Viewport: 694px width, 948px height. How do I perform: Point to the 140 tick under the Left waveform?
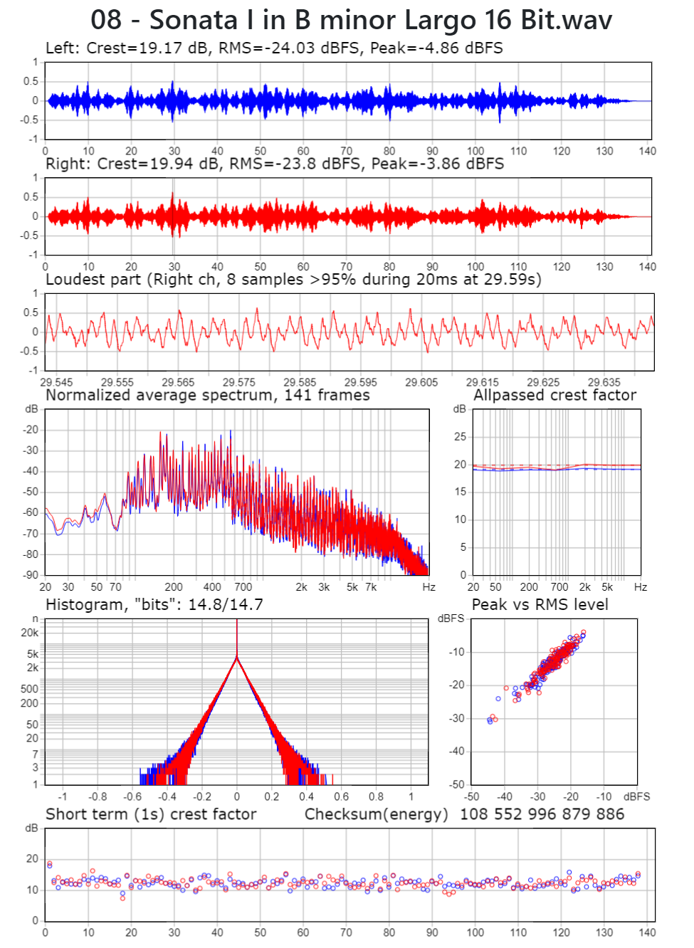point(647,151)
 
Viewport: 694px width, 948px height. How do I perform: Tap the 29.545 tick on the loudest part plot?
point(56,382)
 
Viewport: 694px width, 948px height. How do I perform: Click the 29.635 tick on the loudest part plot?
point(604,382)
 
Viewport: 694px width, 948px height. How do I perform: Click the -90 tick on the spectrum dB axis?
point(31,574)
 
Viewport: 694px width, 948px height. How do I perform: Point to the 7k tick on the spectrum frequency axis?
point(371,587)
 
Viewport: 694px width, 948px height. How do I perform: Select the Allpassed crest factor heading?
point(555,395)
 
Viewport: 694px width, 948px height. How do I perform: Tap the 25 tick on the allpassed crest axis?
point(460,436)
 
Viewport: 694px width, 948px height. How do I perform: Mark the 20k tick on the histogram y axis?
point(30,633)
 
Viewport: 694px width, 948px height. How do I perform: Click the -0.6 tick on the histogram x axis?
point(132,796)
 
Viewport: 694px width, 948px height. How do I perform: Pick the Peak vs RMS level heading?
point(540,605)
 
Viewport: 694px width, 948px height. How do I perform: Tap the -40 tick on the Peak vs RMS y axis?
point(456,751)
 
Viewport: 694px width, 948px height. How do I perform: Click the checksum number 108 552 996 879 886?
point(542,814)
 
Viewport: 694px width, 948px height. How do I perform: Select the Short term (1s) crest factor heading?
point(151,814)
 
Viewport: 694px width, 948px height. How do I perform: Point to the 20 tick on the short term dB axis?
point(33,858)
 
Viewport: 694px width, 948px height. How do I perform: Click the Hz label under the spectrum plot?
point(429,587)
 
